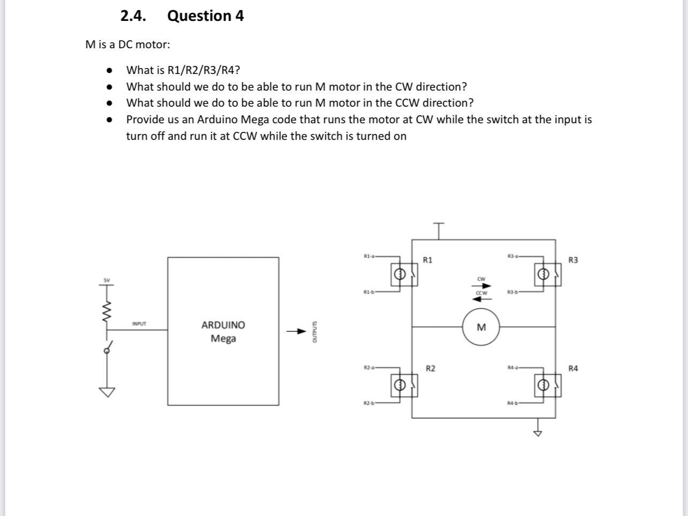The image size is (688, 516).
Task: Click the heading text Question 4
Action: (x=205, y=16)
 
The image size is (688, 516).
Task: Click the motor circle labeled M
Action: (x=481, y=327)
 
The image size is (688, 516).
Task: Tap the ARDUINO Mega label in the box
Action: (x=223, y=332)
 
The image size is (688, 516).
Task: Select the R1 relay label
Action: (x=428, y=260)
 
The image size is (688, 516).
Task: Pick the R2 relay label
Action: (x=430, y=368)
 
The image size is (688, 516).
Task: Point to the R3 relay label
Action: (x=573, y=260)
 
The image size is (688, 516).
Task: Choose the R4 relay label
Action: (x=573, y=368)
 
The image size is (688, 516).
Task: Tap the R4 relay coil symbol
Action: (x=543, y=385)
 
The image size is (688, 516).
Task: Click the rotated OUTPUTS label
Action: (x=315, y=332)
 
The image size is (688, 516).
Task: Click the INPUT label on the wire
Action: (x=139, y=324)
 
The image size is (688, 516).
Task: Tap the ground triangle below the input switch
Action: (x=107, y=392)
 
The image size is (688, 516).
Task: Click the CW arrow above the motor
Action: (x=481, y=286)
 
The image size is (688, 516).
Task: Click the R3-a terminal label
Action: (x=513, y=257)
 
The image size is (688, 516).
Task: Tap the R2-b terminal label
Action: (x=369, y=402)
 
